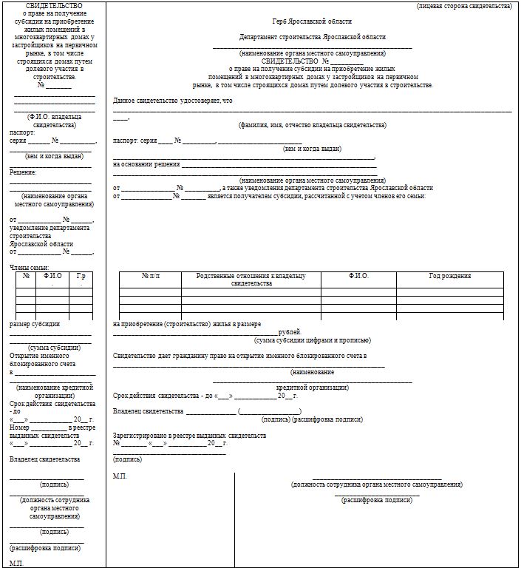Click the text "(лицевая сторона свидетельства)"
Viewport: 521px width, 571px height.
463,6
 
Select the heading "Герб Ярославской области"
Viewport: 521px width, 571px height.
312,22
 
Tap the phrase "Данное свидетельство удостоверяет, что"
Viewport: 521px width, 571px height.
173,101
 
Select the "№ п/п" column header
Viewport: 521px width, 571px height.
150,276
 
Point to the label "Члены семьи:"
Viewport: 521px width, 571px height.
30,267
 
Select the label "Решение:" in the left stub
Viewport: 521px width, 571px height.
23,172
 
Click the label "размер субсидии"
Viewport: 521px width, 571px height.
35,324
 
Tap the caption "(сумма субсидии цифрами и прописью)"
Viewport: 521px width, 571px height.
312,340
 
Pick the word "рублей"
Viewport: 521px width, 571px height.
290,332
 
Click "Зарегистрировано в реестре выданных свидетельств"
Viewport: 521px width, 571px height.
189,436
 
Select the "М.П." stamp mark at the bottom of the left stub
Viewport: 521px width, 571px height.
17,564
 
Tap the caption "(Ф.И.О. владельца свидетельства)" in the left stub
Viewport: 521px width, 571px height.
54,121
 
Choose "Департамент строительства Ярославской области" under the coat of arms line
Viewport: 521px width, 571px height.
312,37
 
